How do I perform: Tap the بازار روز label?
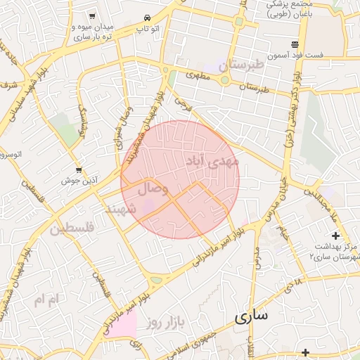point(165,323)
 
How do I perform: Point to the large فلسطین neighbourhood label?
point(72,229)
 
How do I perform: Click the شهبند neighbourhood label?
point(119,210)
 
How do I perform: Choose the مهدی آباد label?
point(212,161)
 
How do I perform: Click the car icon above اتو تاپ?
point(146,18)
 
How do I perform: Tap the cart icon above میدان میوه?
point(92,16)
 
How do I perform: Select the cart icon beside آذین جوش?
point(79,169)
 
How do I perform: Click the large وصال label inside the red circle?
point(153,188)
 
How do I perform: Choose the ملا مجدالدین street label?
point(323,204)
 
